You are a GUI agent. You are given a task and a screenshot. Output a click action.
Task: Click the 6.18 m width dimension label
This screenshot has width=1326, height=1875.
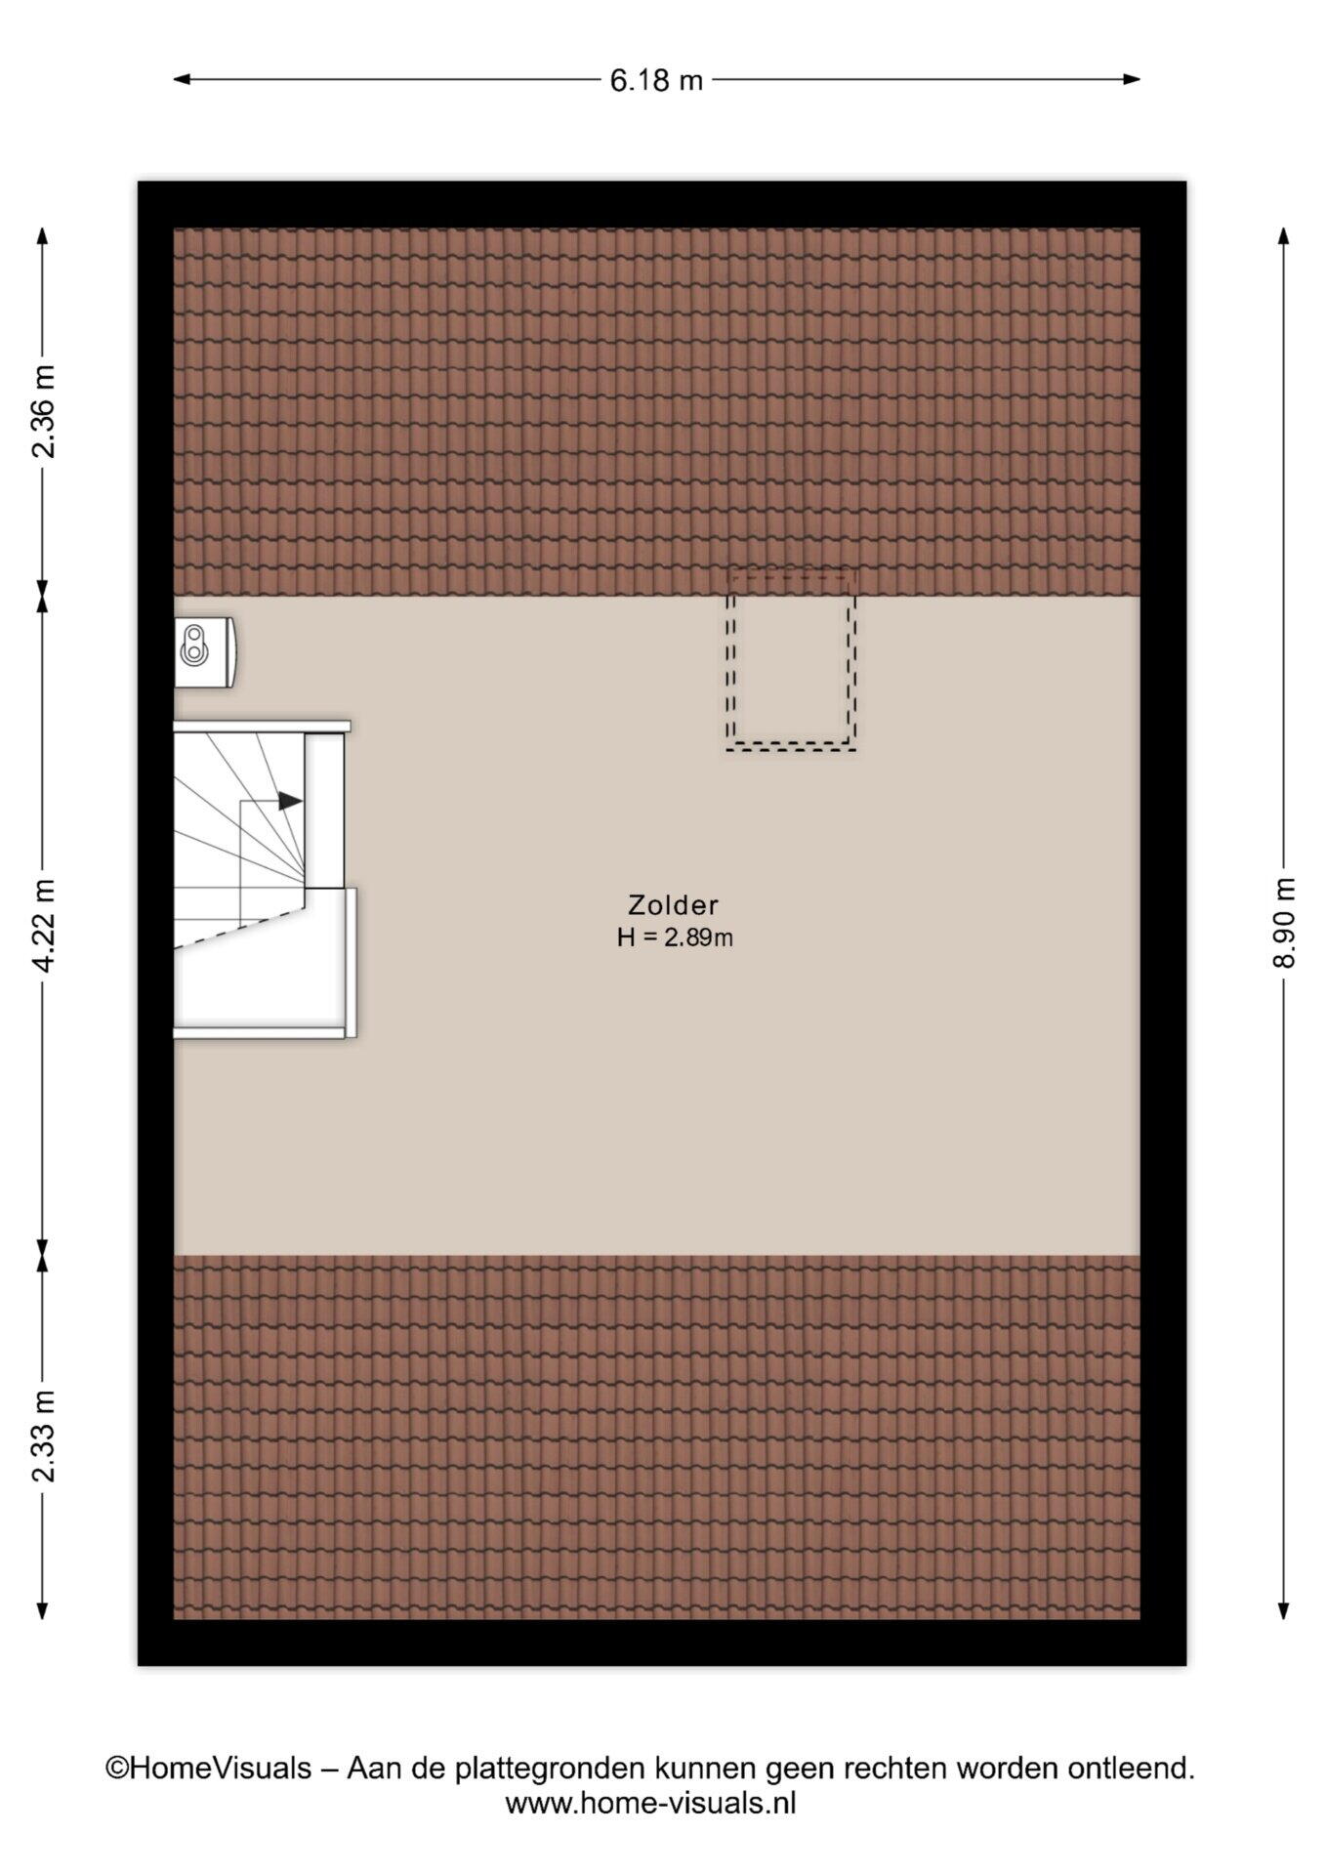pyautogui.click(x=656, y=80)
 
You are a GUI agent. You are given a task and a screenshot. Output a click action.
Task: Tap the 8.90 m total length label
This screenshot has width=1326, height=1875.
pyautogui.click(x=1284, y=923)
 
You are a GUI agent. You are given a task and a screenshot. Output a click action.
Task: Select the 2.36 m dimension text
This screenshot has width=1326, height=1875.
pyautogui.click(x=43, y=411)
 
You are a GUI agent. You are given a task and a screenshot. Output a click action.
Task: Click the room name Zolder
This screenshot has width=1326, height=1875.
pyautogui.click(x=674, y=905)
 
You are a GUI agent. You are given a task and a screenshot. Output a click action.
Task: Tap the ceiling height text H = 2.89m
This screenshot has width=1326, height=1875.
pyautogui.click(x=675, y=937)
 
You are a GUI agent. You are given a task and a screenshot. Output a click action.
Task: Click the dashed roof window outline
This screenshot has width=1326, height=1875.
pyautogui.click(x=791, y=748)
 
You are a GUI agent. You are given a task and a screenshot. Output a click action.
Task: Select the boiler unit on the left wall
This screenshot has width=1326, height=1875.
pyautogui.click(x=204, y=651)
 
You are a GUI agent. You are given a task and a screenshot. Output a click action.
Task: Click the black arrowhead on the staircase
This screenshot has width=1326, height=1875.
pyautogui.click(x=290, y=801)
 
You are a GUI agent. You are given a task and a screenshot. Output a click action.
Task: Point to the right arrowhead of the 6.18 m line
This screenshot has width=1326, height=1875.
pyautogui.click(x=1132, y=79)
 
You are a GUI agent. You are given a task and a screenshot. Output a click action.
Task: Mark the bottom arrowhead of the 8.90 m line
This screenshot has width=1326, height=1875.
pyautogui.click(x=1284, y=1610)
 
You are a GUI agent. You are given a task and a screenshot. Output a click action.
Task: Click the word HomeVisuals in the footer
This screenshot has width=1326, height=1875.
pyautogui.click(x=221, y=1768)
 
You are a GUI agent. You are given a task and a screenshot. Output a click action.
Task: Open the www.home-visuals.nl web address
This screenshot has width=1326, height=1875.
pyautogui.click(x=650, y=1803)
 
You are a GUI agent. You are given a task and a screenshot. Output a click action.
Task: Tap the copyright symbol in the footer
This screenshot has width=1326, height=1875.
pyautogui.click(x=117, y=1769)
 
